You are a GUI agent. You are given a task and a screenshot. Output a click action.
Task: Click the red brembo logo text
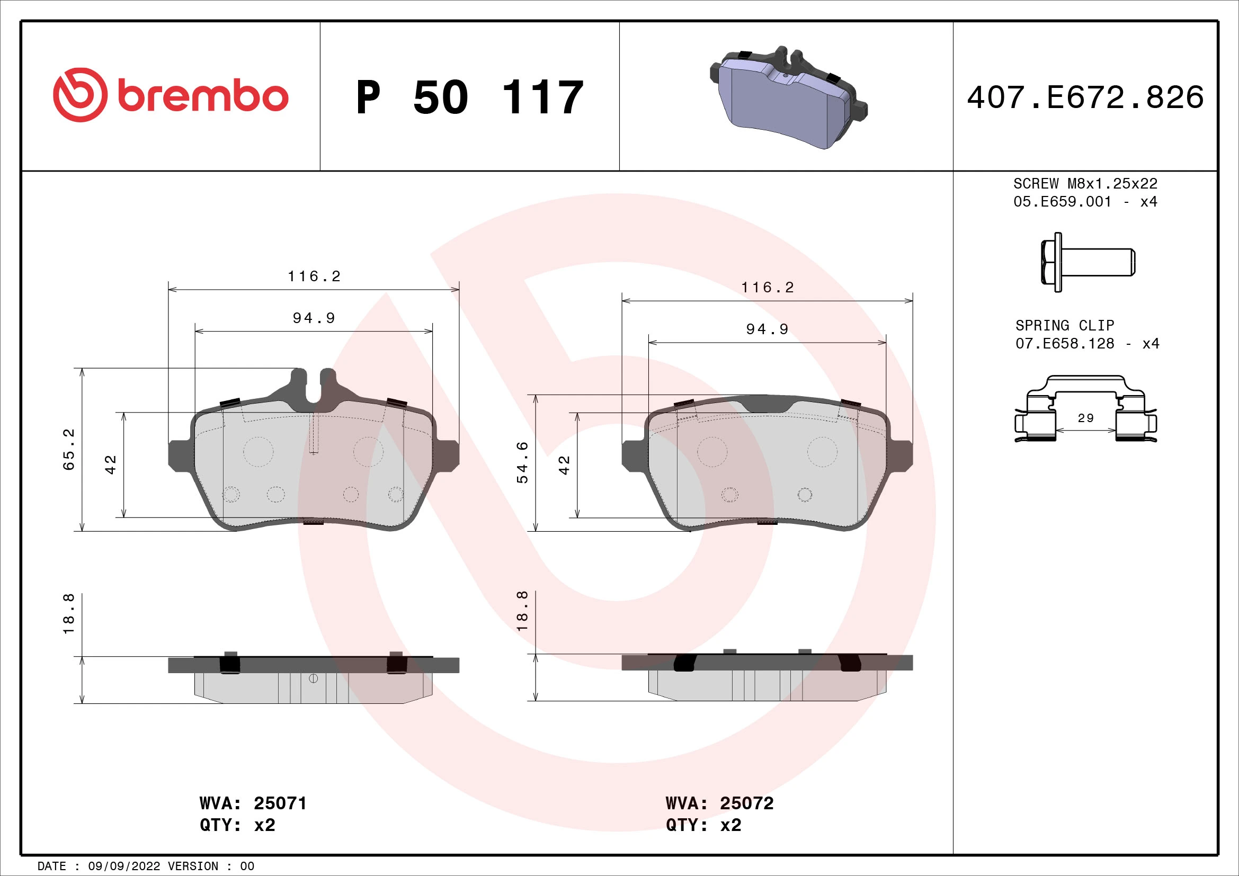click(x=202, y=96)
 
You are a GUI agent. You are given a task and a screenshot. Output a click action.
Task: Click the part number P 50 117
click(x=469, y=97)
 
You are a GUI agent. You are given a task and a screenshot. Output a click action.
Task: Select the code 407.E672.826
click(x=1085, y=97)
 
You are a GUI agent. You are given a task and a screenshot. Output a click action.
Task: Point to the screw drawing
click(x=1087, y=262)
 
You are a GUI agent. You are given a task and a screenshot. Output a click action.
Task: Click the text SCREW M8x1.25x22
click(x=1085, y=183)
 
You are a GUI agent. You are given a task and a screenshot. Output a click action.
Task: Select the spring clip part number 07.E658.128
click(x=1064, y=344)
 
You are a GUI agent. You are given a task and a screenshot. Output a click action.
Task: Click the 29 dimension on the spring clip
click(x=1085, y=418)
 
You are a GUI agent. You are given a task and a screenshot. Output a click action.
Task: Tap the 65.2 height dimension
click(x=69, y=449)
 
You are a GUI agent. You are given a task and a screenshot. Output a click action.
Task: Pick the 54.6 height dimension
click(x=522, y=462)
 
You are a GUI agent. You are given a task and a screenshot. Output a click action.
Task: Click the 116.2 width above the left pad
click(x=314, y=276)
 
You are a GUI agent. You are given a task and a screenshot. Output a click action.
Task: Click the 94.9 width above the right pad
click(x=767, y=329)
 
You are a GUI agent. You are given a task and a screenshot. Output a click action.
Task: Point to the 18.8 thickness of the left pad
click(x=69, y=614)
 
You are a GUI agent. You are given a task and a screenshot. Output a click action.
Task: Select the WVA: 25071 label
click(x=253, y=803)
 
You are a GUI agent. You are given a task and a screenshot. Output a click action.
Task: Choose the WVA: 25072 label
click(x=719, y=803)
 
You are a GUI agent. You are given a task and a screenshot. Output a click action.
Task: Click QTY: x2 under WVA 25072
click(x=703, y=825)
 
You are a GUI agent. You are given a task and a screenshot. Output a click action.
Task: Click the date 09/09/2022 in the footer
click(x=123, y=866)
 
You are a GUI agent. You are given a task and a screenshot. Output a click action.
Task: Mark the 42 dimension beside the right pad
click(x=564, y=465)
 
